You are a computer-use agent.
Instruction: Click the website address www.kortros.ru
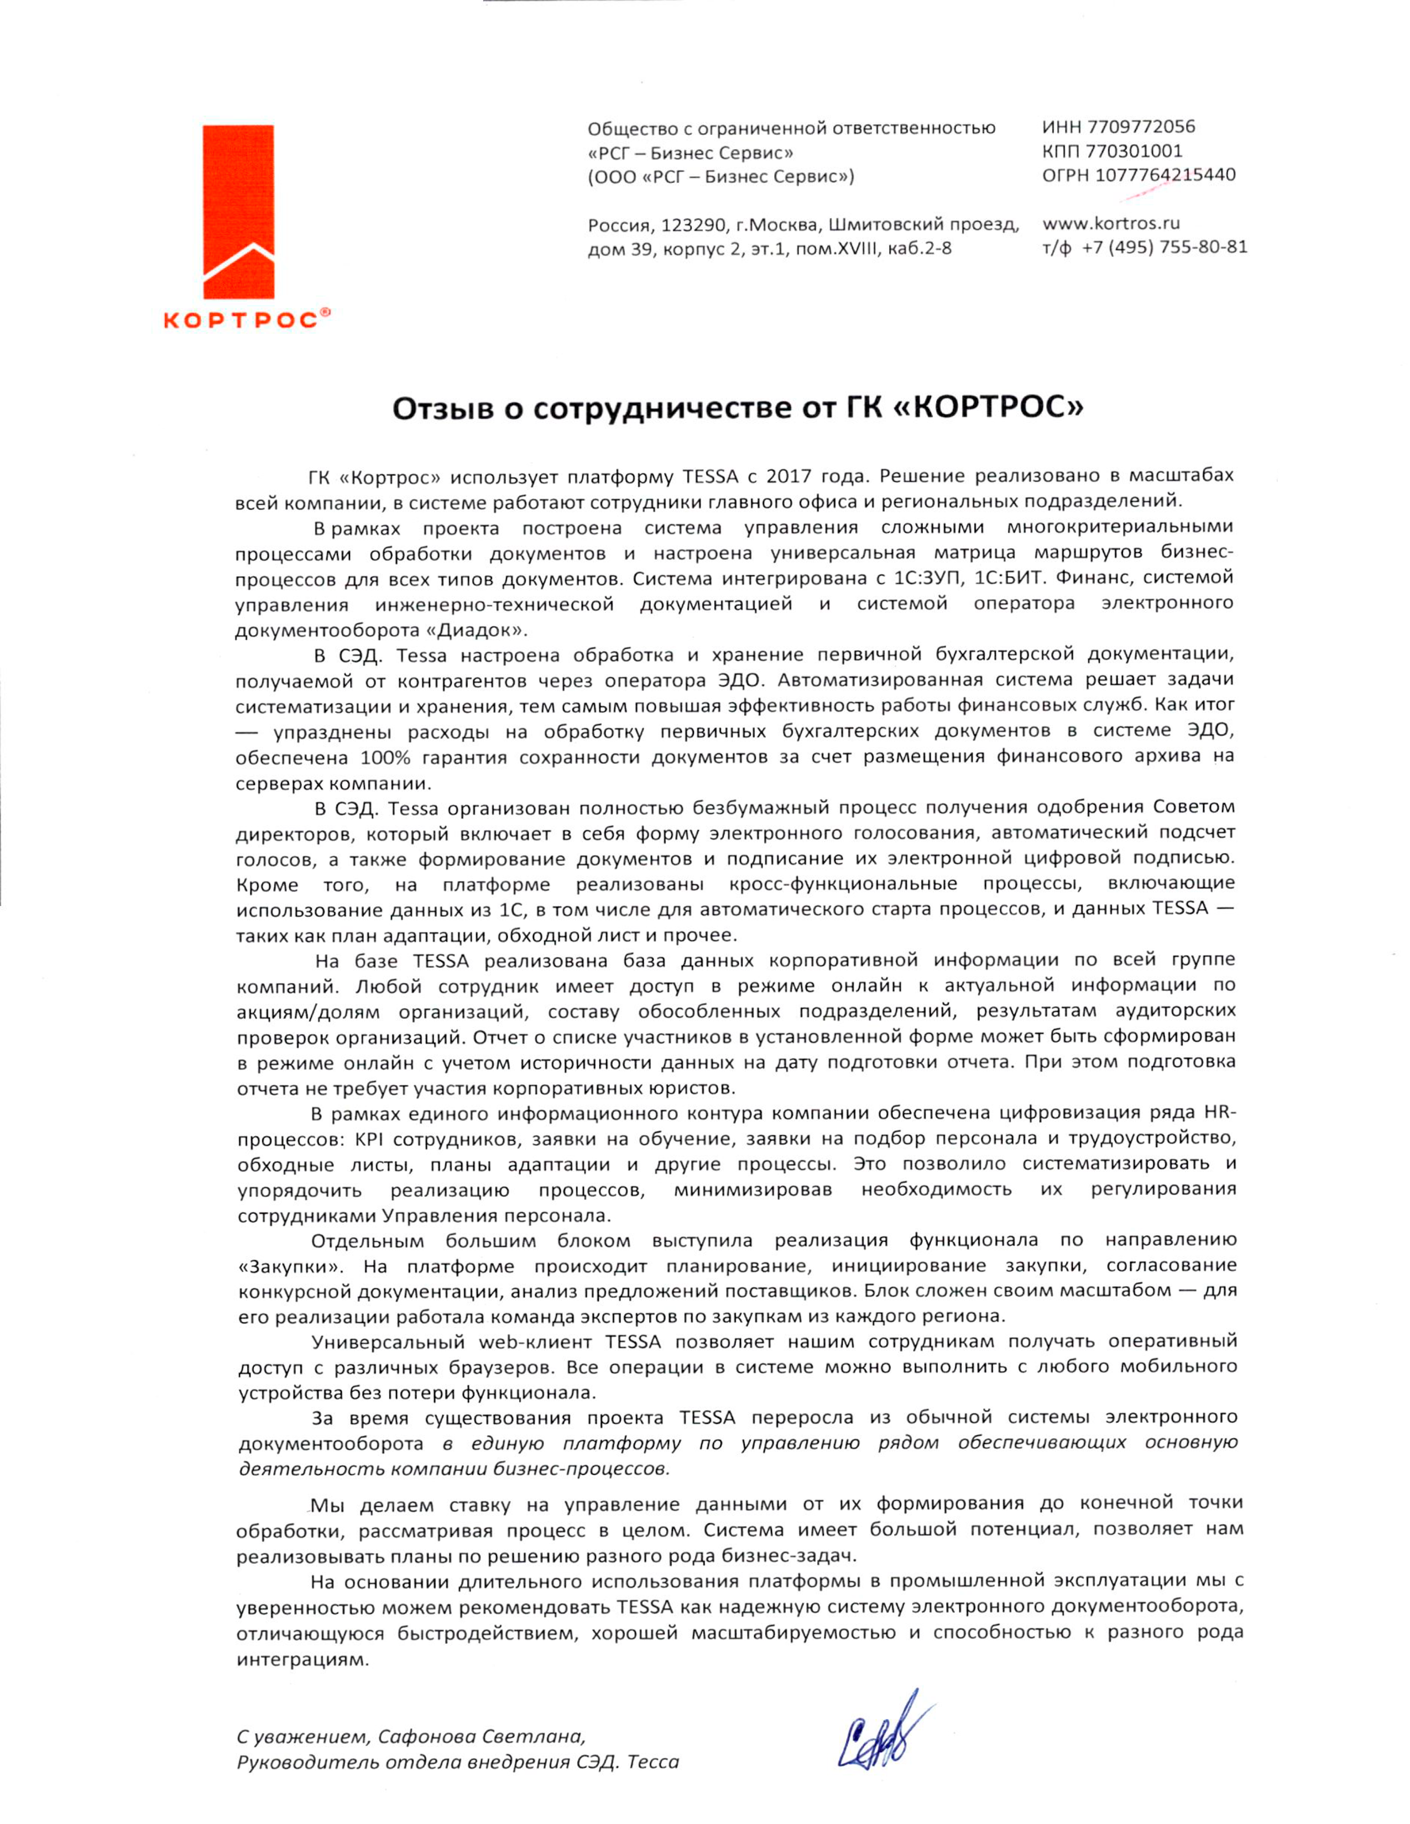[1111, 223]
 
